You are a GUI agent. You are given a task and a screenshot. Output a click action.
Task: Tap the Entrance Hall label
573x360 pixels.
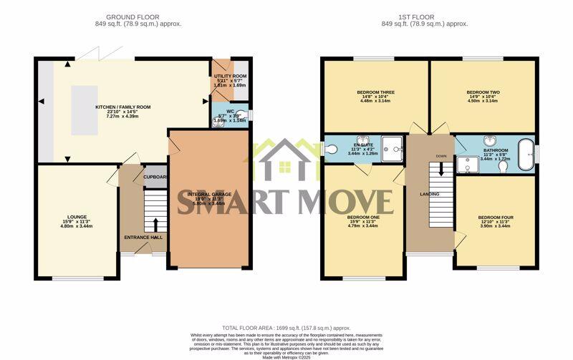[143, 237]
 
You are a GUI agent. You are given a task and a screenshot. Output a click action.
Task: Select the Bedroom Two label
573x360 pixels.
[483, 92]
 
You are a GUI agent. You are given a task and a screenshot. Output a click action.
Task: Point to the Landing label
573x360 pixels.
[430, 194]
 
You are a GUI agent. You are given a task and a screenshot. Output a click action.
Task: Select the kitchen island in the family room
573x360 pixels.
[85, 110]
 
